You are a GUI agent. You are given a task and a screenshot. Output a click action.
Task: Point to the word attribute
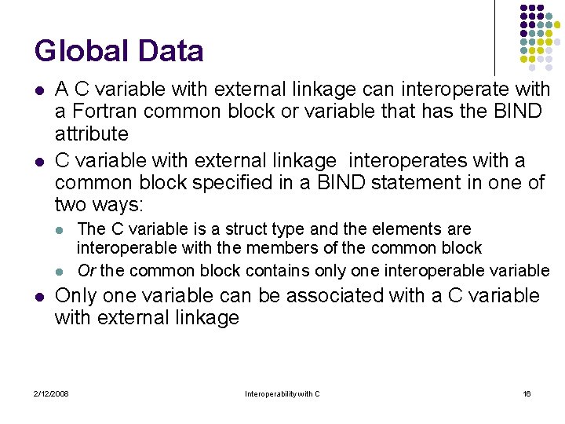click(x=91, y=133)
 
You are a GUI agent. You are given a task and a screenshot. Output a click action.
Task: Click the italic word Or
click(x=86, y=271)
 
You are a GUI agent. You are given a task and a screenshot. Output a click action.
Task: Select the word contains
click(x=279, y=271)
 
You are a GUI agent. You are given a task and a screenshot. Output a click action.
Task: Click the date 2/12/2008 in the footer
click(x=51, y=393)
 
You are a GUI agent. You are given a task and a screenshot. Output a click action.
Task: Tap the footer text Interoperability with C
click(x=282, y=393)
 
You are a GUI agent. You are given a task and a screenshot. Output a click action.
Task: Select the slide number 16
click(x=527, y=393)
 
